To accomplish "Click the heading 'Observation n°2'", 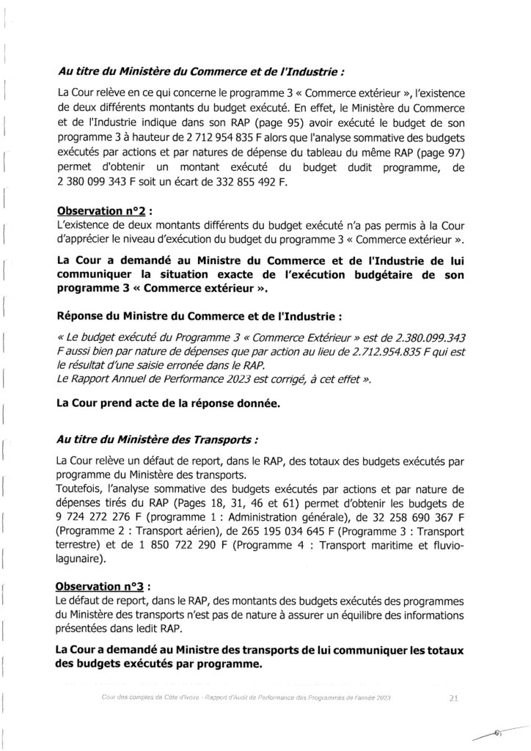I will [x=102, y=208].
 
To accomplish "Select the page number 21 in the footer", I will [x=453, y=700].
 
